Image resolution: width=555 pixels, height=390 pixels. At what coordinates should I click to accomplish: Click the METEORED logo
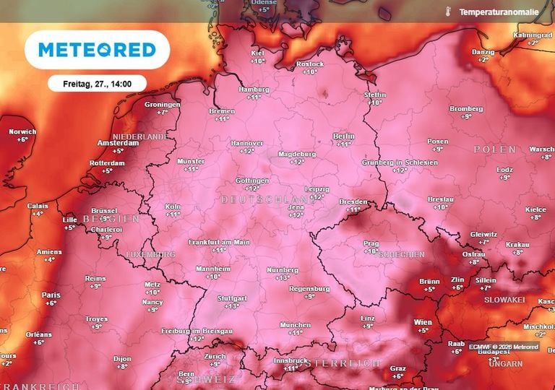(97, 50)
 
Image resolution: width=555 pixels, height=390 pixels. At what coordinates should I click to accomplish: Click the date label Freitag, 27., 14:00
(97, 84)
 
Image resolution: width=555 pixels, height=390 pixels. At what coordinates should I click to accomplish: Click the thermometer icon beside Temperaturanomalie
(449, 12)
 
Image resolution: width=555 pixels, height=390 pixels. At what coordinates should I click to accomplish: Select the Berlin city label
(343, 136)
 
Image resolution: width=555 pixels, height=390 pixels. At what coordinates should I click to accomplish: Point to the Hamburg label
(254, 90)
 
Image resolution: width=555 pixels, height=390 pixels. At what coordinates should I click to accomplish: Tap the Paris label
(51, 295)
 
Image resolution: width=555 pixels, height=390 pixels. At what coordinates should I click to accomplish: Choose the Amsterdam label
(117, 143)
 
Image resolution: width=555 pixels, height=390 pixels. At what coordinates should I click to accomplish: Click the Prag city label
(371, 243)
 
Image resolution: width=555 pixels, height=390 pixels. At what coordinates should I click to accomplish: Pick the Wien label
(423, 322)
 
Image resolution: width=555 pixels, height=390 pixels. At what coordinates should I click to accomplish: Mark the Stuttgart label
(232, 298)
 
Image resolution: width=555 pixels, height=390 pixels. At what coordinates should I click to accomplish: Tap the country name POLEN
(495, 149)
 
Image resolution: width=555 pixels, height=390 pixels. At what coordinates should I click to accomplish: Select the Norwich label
(22, 131)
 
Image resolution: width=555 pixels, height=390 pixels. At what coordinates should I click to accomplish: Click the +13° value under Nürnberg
(282, 277)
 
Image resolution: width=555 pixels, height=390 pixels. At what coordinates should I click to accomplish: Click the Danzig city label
(483, 52)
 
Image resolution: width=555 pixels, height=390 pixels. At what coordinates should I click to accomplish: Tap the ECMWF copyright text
(504, 347)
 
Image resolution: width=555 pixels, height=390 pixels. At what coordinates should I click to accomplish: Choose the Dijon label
(123, 358)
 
